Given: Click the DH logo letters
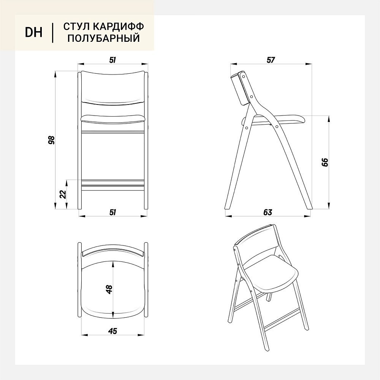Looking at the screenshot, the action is [x=34, y=32].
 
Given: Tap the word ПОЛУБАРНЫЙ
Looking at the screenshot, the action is [x=104, y=38].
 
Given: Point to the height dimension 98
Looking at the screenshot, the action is [x=51, y=140].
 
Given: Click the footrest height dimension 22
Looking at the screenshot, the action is [x=63, y=194].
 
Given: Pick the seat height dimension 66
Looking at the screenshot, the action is [x=325, y=162].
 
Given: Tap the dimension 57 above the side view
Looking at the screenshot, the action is [x=271, y=60].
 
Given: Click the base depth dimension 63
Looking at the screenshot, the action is [x=268, y=212].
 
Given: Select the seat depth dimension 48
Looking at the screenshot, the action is [x=109, y=289].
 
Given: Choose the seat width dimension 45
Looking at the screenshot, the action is [x=113, y=331].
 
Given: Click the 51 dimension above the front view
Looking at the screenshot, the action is [x=112, y=60].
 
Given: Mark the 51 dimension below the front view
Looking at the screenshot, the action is [x=113, y=212].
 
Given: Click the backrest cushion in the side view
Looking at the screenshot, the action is [x=240, y=89].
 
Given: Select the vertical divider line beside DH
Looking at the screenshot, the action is [x=52, y=33].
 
